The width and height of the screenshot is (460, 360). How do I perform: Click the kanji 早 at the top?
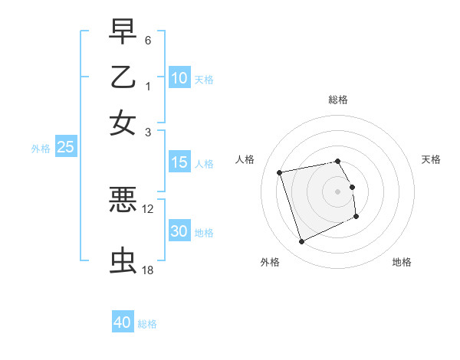point(123,34)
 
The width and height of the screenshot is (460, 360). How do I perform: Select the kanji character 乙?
point(123,78)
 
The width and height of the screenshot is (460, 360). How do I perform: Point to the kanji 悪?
point(123,200)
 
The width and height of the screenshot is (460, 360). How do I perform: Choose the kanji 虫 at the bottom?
point(123,261)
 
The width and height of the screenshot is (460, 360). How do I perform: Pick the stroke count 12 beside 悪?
point(148,208)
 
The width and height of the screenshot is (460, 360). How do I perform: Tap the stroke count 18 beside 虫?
point(148,270)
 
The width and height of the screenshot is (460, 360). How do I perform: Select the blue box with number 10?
point(179,78)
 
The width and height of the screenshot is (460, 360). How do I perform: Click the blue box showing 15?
point(179,162)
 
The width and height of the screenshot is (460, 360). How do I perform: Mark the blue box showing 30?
point(179,232)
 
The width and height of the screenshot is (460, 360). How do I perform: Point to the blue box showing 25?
point(65,148)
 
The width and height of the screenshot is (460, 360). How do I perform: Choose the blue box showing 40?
point(123,322)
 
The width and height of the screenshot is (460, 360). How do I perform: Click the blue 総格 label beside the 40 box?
point(148,324)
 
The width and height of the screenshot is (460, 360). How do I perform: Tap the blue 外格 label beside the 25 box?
point(41,149)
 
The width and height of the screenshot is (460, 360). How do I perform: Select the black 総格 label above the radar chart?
point(338,100)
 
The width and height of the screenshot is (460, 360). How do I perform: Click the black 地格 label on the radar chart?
point(402,262)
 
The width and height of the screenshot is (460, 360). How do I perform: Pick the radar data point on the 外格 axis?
point(301,242)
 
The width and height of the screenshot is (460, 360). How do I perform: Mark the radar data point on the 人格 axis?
point(280,172)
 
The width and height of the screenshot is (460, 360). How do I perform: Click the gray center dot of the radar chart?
point(338,191)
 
